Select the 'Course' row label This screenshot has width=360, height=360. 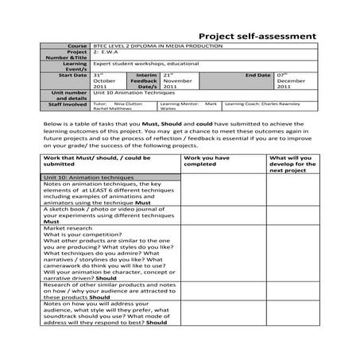79,47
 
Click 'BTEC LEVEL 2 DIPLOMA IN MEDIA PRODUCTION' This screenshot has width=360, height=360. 157,47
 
